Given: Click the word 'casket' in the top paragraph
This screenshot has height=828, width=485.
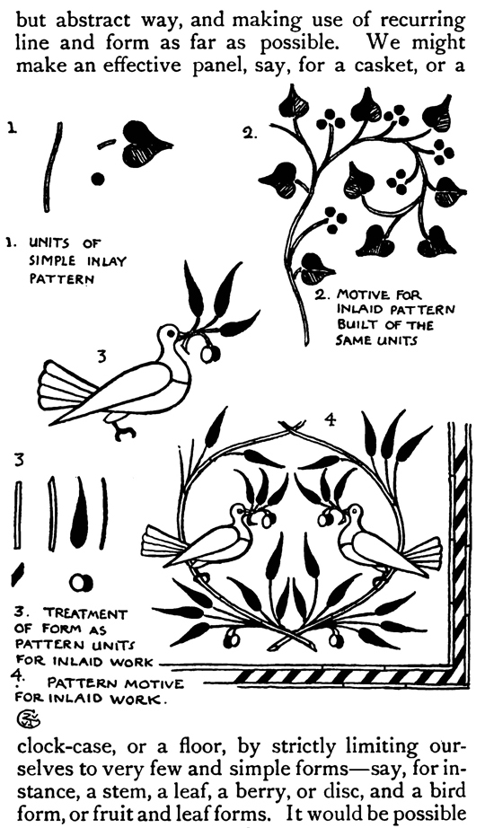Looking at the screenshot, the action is [x=382, y=66].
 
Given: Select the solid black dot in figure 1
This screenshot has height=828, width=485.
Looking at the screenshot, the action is [x=98, y=179].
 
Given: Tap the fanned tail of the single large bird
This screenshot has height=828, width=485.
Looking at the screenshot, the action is [x=59, y=387].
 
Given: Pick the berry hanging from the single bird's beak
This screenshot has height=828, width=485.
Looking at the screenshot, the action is [x=210, y=353].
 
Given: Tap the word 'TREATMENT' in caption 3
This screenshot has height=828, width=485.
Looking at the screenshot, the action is [x=85, y=613].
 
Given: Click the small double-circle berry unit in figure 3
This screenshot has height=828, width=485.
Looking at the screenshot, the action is [x=81, y=583].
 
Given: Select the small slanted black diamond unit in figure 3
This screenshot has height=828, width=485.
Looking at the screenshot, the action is [x=17, y=574].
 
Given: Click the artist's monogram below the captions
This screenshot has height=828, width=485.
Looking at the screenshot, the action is [x=26, y=718].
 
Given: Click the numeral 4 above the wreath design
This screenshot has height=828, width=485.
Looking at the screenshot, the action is [x=330, y=420].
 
